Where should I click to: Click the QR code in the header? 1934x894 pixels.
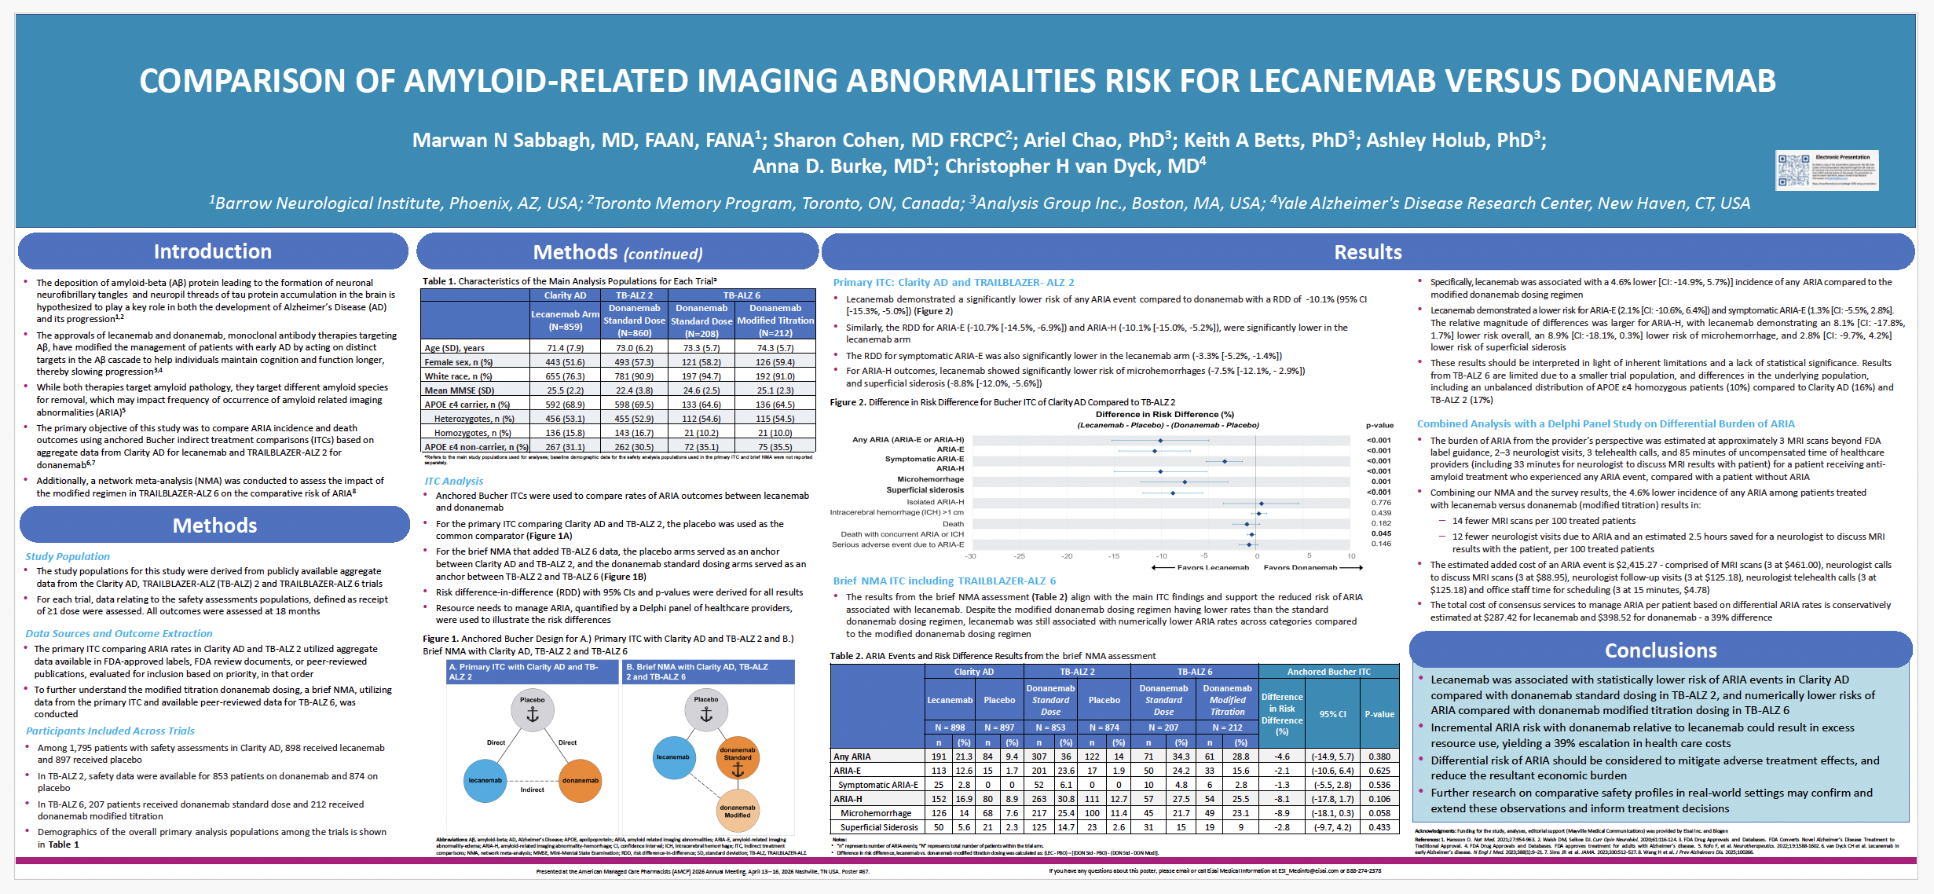1793,170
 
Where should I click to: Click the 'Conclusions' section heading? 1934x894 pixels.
1661,650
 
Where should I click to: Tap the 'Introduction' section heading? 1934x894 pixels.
213,251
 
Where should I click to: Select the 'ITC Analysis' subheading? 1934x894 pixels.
454,481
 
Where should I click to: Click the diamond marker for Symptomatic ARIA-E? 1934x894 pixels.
1225,461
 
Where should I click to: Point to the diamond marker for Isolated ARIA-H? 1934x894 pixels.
1261,504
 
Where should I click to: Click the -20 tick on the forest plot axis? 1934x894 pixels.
1067,556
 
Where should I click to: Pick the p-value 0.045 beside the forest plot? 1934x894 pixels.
1381,533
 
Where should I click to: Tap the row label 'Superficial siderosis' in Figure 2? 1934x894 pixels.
925,490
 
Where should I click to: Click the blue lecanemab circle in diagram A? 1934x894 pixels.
485,780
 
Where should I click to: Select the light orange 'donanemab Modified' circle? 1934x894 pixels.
737,811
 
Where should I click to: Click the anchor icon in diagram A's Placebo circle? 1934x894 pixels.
532,715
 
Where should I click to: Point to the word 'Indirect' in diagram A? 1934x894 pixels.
532,790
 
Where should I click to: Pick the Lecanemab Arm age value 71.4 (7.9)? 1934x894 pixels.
565,348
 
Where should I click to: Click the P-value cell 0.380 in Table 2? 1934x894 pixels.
1379,757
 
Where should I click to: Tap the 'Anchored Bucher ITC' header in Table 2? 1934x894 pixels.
1328,672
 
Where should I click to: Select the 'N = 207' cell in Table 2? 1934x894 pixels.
1163,727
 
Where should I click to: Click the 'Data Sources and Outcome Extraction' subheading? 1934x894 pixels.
119,633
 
